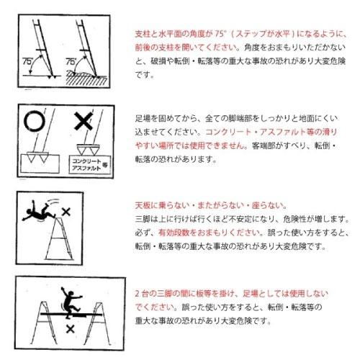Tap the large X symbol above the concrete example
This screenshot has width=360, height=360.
(85, 121)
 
